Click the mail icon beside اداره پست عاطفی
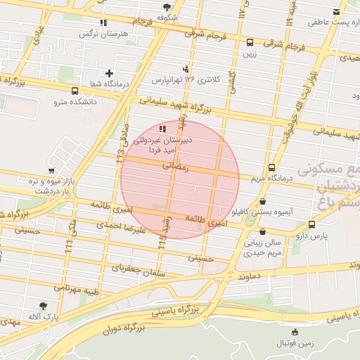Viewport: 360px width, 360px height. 336,11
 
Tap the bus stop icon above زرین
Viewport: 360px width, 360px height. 250,41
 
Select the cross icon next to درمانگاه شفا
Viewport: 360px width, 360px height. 109,72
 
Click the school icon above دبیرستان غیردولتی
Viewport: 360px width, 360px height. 163,129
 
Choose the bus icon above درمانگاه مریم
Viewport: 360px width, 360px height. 271,167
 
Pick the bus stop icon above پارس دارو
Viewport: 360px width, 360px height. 311,224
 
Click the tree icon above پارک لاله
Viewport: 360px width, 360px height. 44,306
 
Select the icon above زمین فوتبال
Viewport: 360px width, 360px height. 295,332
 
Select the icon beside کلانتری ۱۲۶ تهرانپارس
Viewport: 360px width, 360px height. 185,68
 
